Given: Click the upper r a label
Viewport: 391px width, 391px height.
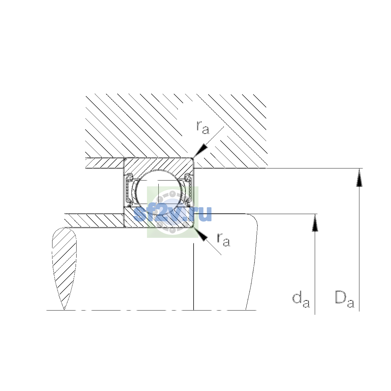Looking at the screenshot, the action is click(203, 127).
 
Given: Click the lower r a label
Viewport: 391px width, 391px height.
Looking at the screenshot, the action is click(224, 239).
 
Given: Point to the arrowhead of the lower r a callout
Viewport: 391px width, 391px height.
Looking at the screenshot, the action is click(200, 234).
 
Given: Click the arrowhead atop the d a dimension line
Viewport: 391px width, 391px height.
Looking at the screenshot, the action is click(315, 223).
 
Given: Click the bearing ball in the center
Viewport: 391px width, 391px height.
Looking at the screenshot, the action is click(159, 192).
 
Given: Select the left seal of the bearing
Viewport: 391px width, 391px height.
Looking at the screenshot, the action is click(129, 190).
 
